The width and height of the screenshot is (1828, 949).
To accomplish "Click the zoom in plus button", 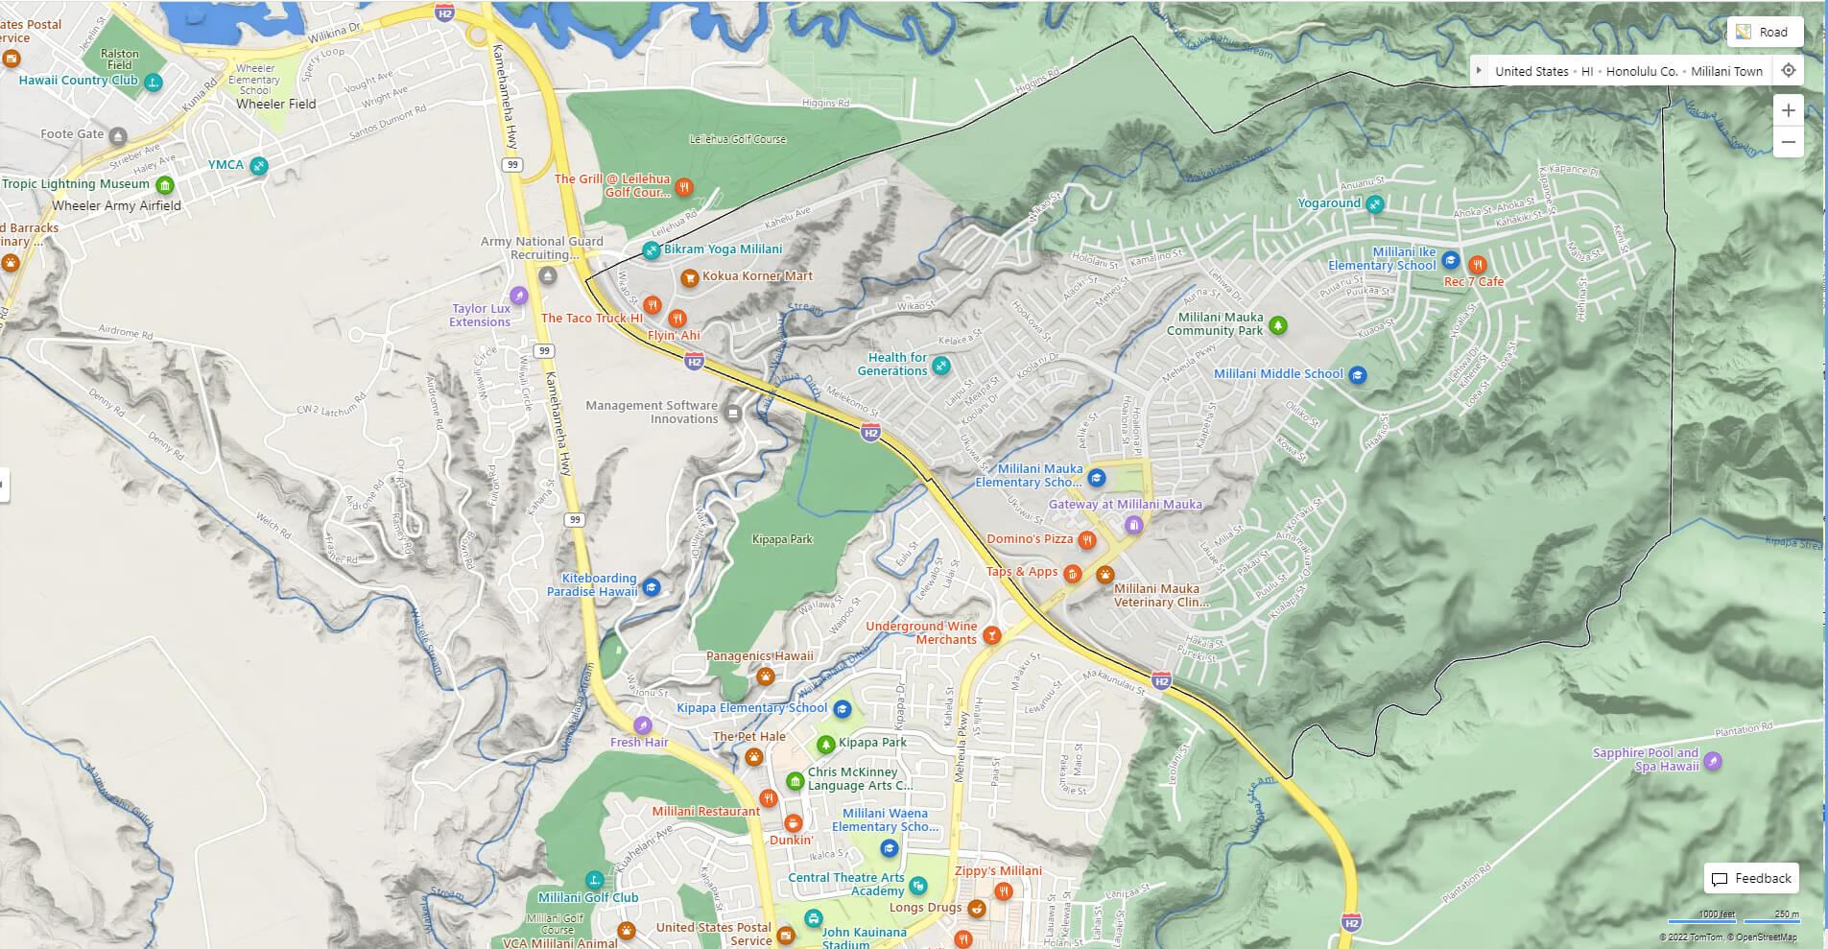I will [x=1788, y=110].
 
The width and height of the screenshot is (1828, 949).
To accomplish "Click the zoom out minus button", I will [x=1788, y=142].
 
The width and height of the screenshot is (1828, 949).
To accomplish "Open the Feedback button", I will [x=1751, y=878].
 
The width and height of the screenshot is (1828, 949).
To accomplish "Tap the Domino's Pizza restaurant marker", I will [x=1086, y=540].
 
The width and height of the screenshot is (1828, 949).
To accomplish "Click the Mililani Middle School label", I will [x=1278, y=374].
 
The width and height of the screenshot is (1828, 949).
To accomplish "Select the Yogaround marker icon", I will [x=1374, y=203].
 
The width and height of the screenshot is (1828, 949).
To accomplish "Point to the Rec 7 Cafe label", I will [x=1473, y=282].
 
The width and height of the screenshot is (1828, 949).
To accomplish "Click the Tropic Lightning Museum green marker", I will [x=164, y=184].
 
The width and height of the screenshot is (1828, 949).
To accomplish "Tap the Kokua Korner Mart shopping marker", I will [x=689, y=277].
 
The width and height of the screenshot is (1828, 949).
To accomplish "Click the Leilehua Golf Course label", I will [x=737, y=139].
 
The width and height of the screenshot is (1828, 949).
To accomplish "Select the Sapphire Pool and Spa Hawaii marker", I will [x=1712, y=761].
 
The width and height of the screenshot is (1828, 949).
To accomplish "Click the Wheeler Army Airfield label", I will [x=116, y=205].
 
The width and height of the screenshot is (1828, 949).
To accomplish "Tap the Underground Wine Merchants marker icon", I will [x=991, y=634].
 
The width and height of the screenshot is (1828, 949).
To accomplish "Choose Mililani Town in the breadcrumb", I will [x=1726, y=71].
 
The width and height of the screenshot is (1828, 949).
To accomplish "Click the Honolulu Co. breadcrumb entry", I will [x=1641, y=71].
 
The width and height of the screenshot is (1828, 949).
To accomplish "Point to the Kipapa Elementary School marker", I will [x=842, y=709].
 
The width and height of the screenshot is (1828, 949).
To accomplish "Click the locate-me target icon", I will [x=1788, y=70].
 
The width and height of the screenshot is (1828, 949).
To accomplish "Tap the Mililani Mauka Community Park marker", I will [x=1277, y=325].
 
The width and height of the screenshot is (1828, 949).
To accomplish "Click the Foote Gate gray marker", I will [x=117, y=135].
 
